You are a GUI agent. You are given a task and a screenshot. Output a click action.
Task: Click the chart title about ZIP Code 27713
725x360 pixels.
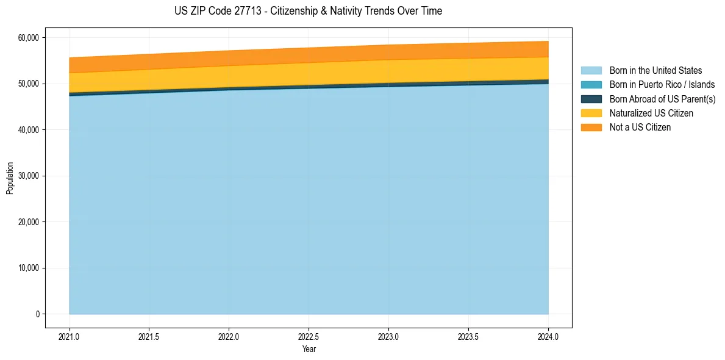(308, 11)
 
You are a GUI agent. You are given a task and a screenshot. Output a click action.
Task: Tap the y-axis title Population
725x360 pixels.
(10, 178)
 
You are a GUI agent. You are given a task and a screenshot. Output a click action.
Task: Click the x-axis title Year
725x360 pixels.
(309, 349)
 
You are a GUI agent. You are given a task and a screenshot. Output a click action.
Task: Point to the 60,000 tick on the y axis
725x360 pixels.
(27, 38)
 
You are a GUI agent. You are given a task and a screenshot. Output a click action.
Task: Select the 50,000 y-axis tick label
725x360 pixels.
(27, 84)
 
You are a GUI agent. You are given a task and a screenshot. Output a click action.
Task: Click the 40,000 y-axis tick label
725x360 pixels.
(27, 130)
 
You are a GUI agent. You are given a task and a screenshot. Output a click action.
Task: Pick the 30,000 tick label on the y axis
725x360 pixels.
(27, 176)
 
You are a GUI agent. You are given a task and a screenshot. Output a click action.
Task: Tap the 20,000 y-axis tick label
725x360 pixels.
(27, 222)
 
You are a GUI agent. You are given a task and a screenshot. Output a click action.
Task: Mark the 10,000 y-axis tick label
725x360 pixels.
(27, 268)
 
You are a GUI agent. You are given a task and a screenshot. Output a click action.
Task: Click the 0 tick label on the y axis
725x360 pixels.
(37, 314)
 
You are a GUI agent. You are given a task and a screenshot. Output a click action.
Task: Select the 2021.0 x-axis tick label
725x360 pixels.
(70, 336)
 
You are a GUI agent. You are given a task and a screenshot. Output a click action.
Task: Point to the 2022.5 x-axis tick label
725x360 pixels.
(309, 336)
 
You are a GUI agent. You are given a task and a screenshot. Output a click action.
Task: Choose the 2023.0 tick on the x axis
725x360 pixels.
(388, 336)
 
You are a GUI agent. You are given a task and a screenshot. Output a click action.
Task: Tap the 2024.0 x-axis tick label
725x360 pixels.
(548, 336)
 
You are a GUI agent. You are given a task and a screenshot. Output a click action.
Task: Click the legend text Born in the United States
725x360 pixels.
(655, 71)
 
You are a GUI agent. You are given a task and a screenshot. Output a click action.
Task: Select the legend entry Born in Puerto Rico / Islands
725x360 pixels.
(662, 85)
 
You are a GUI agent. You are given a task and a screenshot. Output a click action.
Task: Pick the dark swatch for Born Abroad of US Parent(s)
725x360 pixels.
(591, 99)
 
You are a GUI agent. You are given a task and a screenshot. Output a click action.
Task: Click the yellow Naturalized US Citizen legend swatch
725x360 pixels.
(591, 113)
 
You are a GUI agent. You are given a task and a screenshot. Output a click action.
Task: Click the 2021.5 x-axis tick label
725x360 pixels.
(149, 336)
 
